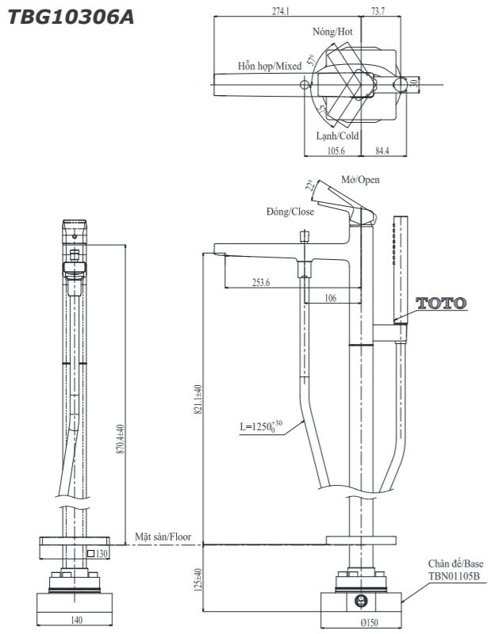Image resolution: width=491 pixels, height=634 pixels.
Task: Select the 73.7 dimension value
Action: pyautogui.click(x=378, y=11)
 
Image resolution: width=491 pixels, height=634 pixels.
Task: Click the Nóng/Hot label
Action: pyautogui.click(x=332, y=32)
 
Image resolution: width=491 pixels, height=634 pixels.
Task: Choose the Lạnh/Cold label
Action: pyautogui.click(x=337, y=136)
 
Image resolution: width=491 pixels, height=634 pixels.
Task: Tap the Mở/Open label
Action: pyautogui.click(x=360, y=180)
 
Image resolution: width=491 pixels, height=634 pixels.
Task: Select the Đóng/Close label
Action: pyautogui.click(x=290, y=212)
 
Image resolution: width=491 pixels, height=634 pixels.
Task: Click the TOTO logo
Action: pyautogui.click(x=442, y=303)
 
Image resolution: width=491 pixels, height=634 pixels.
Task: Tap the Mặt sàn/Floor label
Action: pyautogui.click(x=163, y=537)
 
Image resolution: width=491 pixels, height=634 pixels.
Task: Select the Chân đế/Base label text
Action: pyautogui.click(x=455, y=563)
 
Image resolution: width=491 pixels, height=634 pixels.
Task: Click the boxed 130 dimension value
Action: pyautogui.click(x=100, y=553)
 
